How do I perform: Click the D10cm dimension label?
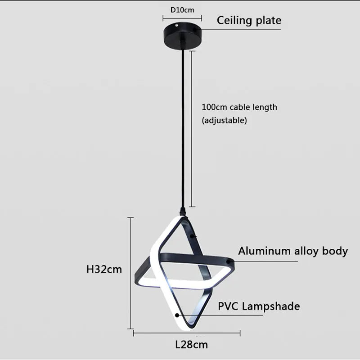pyautogui.click(x=182, y=9)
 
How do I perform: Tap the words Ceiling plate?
pyautogui.click(x=249, y=20)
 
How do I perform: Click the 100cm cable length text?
pyautogui.click(x=239, y=107)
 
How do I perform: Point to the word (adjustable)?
pyautogui.click(x=224, y=120)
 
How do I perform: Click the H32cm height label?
pyautogui.click(x=104, y=270)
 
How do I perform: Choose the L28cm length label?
pyautogui.click(x=191, y=345)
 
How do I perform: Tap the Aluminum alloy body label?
pyautogui.click(x=293, y=251)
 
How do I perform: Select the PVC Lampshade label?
pyautogui.click(x=259, y=306)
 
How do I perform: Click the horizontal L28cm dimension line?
pyautogui.click(x=187, y=333)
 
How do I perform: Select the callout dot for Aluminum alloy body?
pyautogui.click(x=229, y=261)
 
